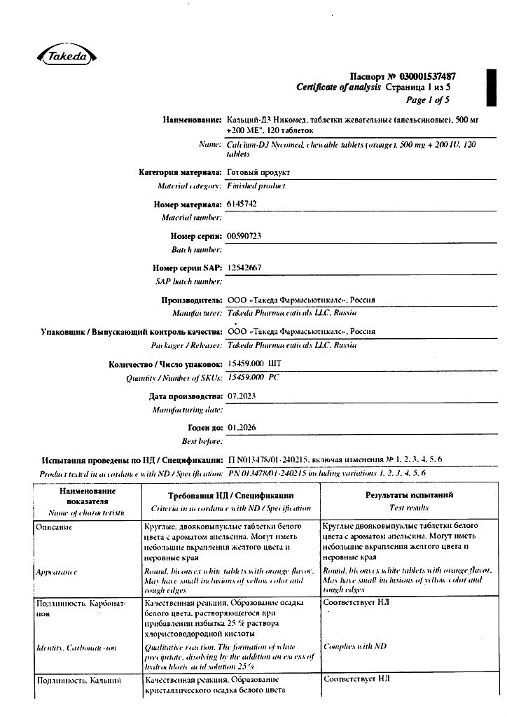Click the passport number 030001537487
coord(424,76)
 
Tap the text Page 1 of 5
coord(428,99)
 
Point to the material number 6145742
coord(244,204)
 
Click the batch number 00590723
coord(244,236)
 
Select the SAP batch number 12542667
coord(244,267)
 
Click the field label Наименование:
coord(193,120)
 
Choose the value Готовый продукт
coord(258,172)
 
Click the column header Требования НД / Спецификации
coord(230,495)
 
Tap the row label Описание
coord(53,527)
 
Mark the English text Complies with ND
coord(354,646)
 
